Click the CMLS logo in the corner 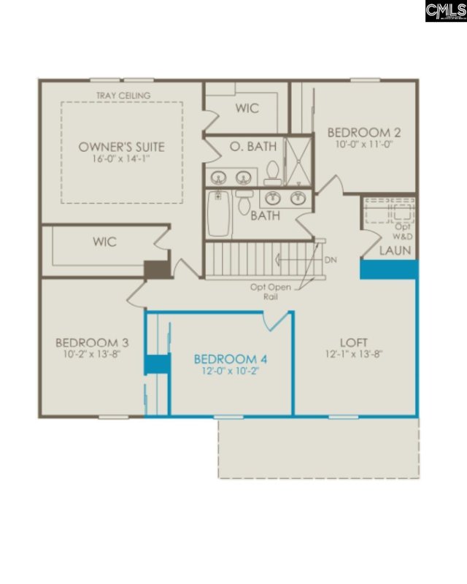446,11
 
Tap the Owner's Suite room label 121,147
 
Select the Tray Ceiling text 123,96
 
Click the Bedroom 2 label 364,132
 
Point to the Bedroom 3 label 92,342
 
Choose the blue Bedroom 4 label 231,359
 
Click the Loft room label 354,342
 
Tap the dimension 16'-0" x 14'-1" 121,158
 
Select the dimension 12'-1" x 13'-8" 354,354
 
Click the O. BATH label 253,147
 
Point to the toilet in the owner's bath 273,173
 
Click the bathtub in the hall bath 219,213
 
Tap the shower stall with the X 298,161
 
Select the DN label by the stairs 331,260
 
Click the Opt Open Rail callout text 271,292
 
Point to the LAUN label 395,250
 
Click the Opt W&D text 403,231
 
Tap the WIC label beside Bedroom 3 104,242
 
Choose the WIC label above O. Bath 247,108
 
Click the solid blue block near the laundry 389,269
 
